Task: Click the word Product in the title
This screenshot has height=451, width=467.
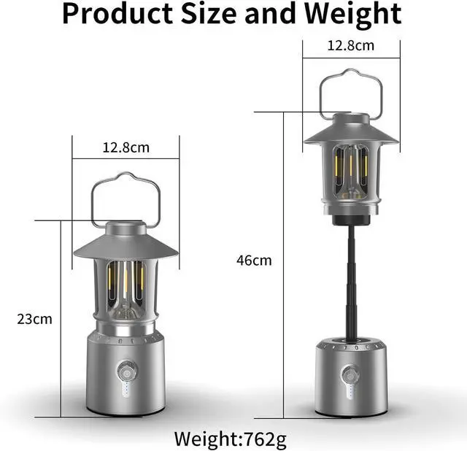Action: tap(117, 14)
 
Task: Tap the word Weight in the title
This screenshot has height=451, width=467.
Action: tap(353, 15)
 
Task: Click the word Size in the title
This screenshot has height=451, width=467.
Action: tap(209, 14)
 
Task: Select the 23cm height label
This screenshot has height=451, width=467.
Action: tap(34, 319)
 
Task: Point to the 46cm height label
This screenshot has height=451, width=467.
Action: tap(254, 261)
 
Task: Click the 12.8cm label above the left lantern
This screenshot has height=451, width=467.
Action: tap(126, 147)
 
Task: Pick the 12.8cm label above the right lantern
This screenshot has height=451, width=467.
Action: tap(351, 45)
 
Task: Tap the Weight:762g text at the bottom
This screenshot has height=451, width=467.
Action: tap(231, 439)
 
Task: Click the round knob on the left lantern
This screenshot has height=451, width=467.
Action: tap(127, 371)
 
